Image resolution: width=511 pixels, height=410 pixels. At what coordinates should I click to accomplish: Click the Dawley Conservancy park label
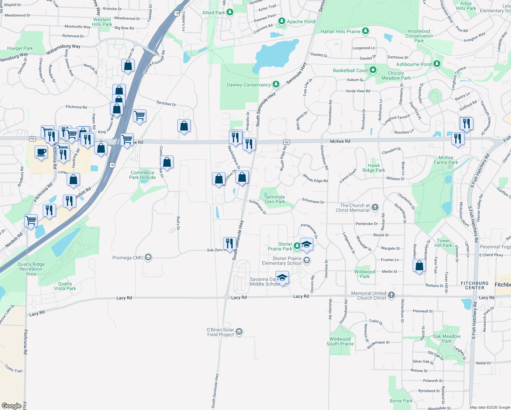pyautogui.click(x=249, y=85)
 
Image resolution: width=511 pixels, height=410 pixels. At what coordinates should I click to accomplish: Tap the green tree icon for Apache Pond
pyautogui.click(x=281, y=22)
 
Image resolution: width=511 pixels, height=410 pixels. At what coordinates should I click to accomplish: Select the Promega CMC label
pyautogui.click(x=128, y=258)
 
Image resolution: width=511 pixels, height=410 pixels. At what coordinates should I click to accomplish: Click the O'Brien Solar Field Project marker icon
pyautogui.click(x=239, y=331)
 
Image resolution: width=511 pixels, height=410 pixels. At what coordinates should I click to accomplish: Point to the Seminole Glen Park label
pyautogui.click(x=275, y=199)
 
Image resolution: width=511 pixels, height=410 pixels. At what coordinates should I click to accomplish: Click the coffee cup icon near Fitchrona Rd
pyautogui.click(x=41, y=152)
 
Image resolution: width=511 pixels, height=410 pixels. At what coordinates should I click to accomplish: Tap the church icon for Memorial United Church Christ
pyautogui.click(x=391, y=295)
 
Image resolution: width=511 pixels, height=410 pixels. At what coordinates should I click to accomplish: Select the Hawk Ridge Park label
pyautogui.click(x=374, y=168)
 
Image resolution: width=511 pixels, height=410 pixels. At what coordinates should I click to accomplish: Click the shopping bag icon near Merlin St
pyautogui.click(x=419, y=265)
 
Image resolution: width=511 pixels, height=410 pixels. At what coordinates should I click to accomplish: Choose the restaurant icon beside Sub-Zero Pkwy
pyautogui.click(x=230, y=243)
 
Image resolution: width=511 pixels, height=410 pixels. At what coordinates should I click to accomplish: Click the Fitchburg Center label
pyautogui.click(x=474, y=285)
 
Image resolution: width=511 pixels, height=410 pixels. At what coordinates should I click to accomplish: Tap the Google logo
pyautogui.click(x=11, y=406)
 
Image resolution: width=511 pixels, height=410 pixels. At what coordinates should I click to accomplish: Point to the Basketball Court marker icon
pyautogui.click(x=373, y=70)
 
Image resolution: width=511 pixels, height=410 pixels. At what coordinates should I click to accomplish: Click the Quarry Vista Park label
pyautogui.click(x=65, y=286)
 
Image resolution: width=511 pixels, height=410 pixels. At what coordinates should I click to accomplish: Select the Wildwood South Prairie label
pyautogui.click(x=340, y=341)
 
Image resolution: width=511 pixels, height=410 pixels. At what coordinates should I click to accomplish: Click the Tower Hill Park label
pyautogui.click(x=443, y=243)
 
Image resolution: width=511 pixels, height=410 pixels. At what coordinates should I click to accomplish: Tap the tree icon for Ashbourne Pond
pyautogui.click(x=437, y=64)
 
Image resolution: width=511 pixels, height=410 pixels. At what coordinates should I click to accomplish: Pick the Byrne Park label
pyautogui.click(x=401, y=401)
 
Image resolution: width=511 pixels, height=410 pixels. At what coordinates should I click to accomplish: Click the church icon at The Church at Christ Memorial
pyautogui.click(x=375, y=207)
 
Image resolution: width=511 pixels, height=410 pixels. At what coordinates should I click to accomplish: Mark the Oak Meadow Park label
pyautogui.click(x=446, y=339)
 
